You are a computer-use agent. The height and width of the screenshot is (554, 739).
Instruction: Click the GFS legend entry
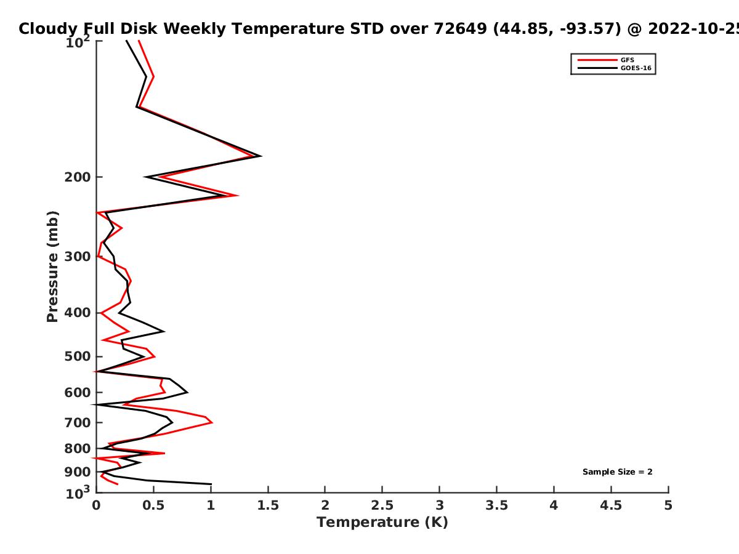(605, 60)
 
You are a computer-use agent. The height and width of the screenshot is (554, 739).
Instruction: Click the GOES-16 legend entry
(614, 68)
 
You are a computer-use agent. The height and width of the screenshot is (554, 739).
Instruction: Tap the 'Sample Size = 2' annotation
(618, 472)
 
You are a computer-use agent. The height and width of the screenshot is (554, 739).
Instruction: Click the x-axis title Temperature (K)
(382, 523)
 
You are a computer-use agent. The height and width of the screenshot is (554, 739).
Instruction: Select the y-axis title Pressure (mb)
(52, 267)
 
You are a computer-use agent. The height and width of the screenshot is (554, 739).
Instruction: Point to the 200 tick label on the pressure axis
(78, 177)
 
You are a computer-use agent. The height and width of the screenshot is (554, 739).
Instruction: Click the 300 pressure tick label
(78, 257)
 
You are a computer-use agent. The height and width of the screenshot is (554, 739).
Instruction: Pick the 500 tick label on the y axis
(78, 356)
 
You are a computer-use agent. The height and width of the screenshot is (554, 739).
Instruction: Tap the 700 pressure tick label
(78, 423)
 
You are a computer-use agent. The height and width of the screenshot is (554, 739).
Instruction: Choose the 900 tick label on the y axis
(78, 472)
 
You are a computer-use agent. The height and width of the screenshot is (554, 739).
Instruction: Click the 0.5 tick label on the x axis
(153, 505)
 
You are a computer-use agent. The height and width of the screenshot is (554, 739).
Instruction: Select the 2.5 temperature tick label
(382, 505)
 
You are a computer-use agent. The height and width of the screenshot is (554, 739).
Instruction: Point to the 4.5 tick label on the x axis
(611, 505)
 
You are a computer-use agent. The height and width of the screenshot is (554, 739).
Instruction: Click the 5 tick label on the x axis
(668, 505)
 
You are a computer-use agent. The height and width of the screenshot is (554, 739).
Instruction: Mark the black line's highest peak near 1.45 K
(261, 156)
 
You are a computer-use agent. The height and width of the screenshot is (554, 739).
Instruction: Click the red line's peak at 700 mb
(212, 422)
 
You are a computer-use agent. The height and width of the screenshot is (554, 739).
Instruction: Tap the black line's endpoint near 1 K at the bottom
(211, 484)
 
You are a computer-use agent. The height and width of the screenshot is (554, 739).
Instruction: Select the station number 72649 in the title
(460, 29)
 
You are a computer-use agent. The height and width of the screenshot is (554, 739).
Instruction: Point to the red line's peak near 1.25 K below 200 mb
(238, 195)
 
